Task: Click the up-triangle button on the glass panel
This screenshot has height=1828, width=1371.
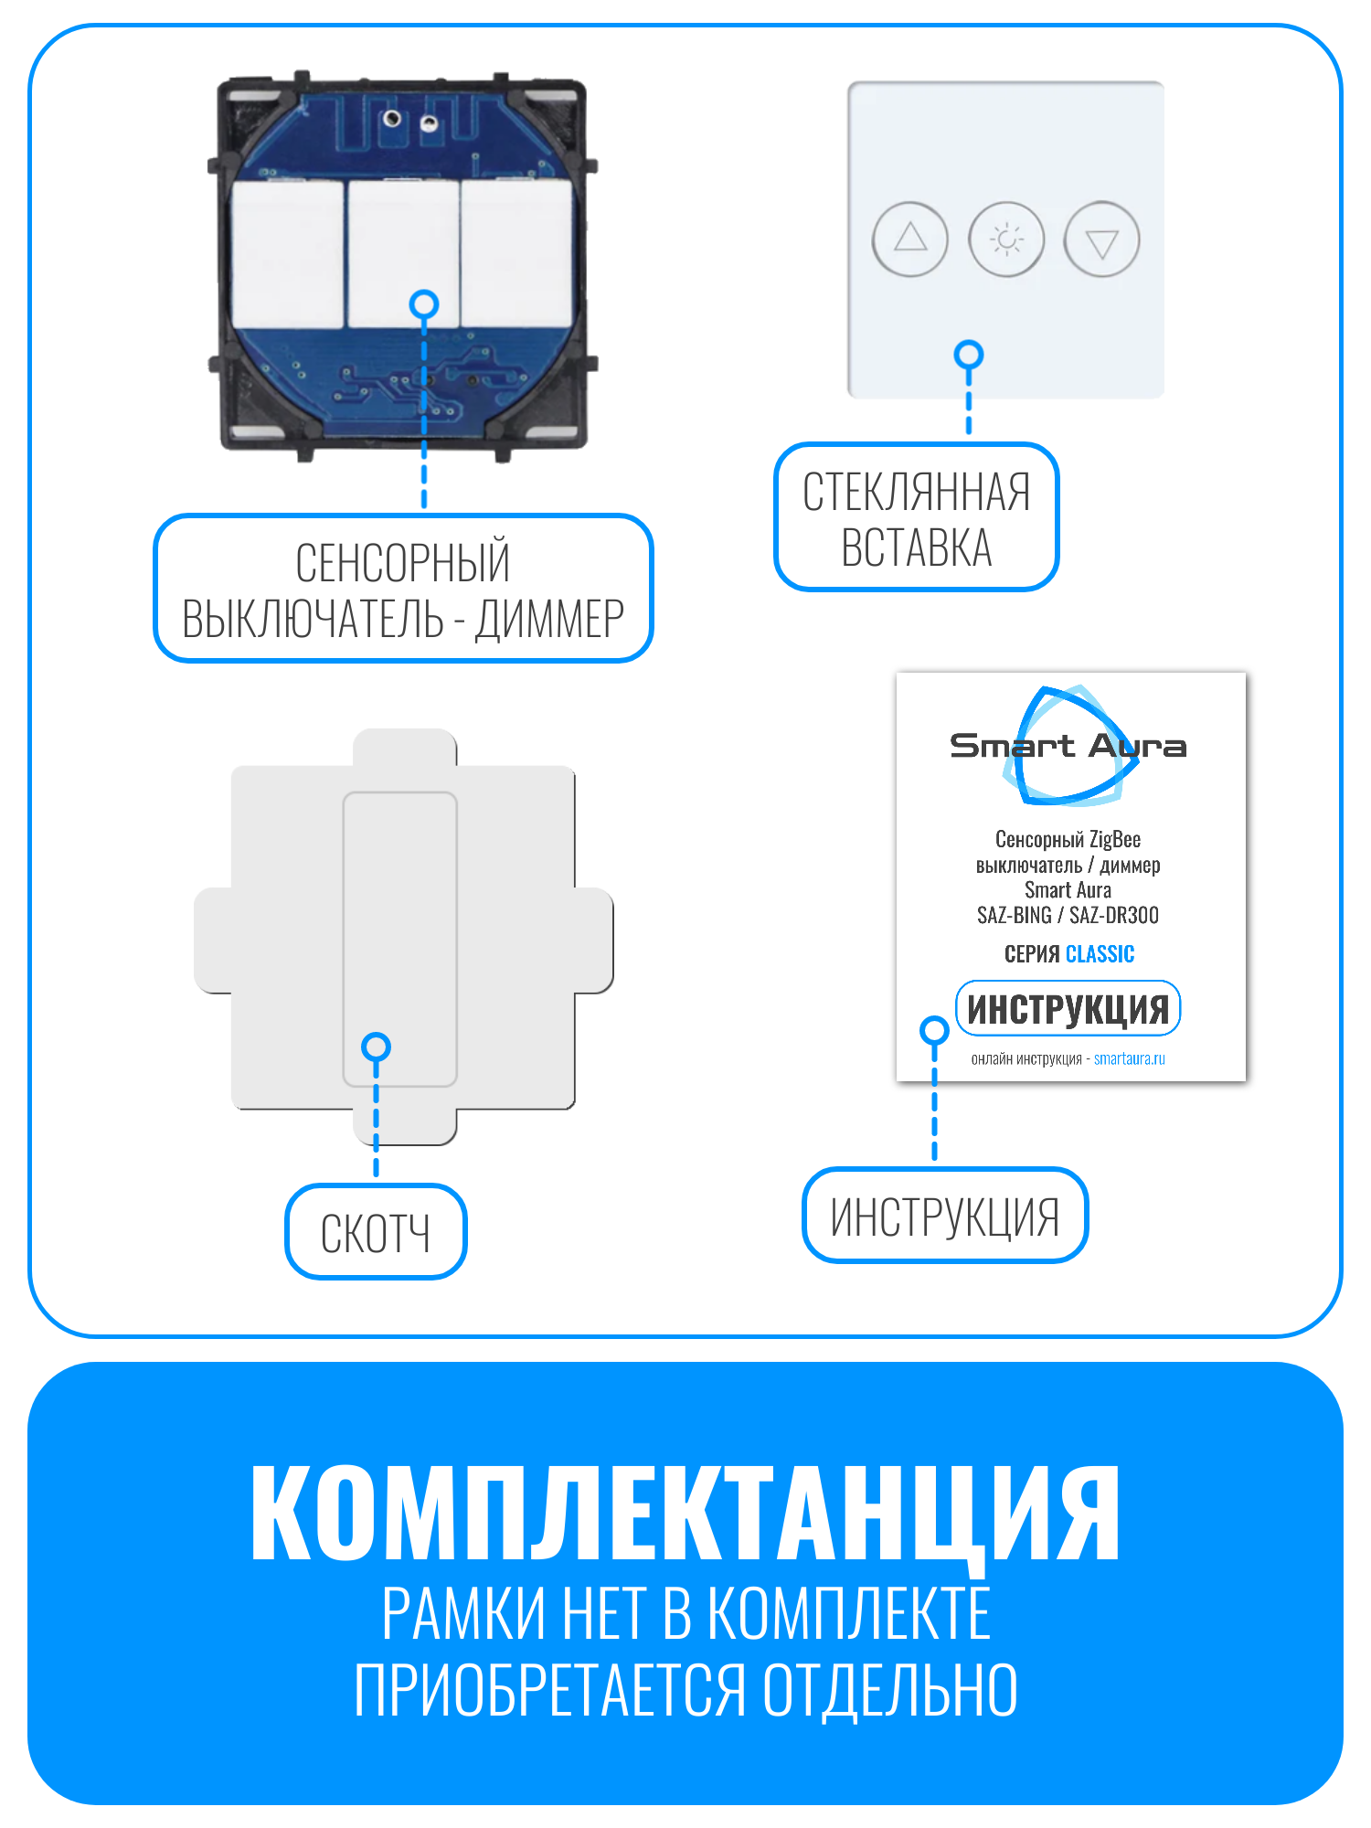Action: pyautogui.click(x=910, y=239)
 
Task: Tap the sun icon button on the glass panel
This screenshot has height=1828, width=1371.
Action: pyautogui.click(x=1006, y=239)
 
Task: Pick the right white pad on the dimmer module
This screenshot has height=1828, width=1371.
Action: pyautogui.click(x=516, y=254)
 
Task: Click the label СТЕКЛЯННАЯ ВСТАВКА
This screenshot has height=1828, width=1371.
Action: pyautogui.click(x=916, y=518)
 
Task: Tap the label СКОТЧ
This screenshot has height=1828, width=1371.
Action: pyautogui.click(x=376, y=1232)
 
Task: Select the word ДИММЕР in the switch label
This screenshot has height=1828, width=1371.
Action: pyautogui.click(x=549, y=619)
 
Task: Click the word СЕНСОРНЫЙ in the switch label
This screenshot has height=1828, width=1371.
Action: pyautogui.click(x=402, y=562)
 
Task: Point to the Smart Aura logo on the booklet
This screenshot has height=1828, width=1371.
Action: pyautogui.click(x=1068, y=746)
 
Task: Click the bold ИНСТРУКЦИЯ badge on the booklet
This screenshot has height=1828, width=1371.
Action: pyautogui.click(x=1068, y=1009)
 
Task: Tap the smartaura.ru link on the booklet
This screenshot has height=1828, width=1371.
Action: pyautogui.click(x=1129, y=1058)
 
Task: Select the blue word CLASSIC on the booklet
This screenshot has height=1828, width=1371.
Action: pyautogui.click(x=1100, y=954)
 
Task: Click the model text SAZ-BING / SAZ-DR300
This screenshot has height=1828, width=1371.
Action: pyautogui.click(x=1068, y=915)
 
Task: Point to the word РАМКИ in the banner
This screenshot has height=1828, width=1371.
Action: pyautogui.click(x=464, y=1614)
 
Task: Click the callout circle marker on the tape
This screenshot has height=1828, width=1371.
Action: pyautogui.click(x=376, y=1047)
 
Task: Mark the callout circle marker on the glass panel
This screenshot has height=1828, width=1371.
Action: pyautogui.click(x=969, y=355)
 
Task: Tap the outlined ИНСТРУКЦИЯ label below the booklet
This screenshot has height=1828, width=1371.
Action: pyautogui.click(x=945, y=1216)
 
